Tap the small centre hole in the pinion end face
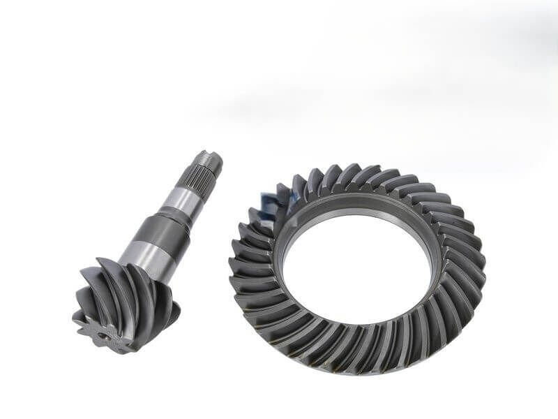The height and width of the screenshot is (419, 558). click(103, 335)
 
